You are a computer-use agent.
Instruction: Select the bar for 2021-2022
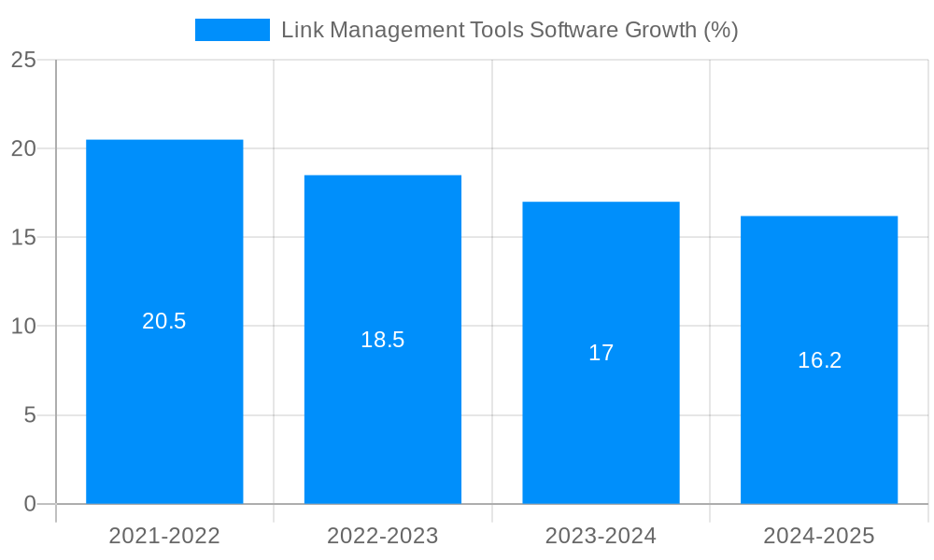pos(164,411)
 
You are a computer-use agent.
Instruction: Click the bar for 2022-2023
pos(383,420)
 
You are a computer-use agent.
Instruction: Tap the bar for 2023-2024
pos(601,429)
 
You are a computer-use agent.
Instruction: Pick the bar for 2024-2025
pos(819,434)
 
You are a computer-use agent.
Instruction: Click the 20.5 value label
pos(164,321)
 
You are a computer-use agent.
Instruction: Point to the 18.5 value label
pos(383,340)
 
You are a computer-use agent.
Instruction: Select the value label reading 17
pos(601,353)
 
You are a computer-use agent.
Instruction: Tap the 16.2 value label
pos(819,360)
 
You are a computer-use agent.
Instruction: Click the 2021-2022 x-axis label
pos(164,536)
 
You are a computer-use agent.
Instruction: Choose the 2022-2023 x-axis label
pos(383,536)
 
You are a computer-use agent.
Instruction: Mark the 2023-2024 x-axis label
pos(601,536)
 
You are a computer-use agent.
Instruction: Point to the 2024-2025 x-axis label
pos(819,536)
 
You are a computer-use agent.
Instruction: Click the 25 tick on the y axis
pos(23,60)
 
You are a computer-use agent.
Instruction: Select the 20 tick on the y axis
pos(23,148)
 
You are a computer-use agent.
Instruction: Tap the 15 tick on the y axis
pos(23,237)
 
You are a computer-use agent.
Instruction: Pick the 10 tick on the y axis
pos(23,326)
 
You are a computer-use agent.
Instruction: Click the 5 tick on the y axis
pos(30,414)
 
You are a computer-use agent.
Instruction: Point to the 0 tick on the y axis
pos(30,504)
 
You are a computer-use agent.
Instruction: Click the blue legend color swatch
pos(232,30)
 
